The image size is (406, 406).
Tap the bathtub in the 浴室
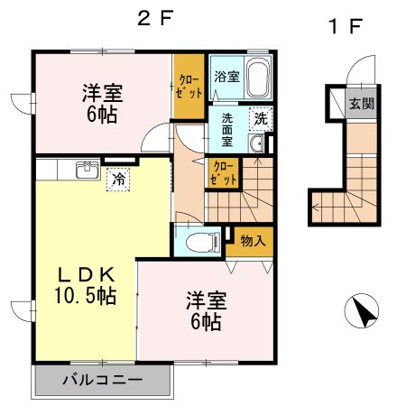tap(258, 78)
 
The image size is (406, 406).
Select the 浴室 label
tap(226, 78)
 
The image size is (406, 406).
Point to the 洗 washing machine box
tap(259, 118)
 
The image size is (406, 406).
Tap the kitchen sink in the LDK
tap(87, 169)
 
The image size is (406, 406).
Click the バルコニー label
tap(102, 380)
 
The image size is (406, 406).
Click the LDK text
tap(87, 273)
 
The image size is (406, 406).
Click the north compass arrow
tap(364, 313)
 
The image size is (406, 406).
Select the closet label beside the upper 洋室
tap(189, 87)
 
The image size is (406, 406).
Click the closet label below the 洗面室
tap(223, 172)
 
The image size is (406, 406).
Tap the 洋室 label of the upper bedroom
tap(103, 92)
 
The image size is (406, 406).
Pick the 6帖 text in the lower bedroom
tap(206, 320)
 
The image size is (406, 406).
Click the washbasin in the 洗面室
tap(255, 144)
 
